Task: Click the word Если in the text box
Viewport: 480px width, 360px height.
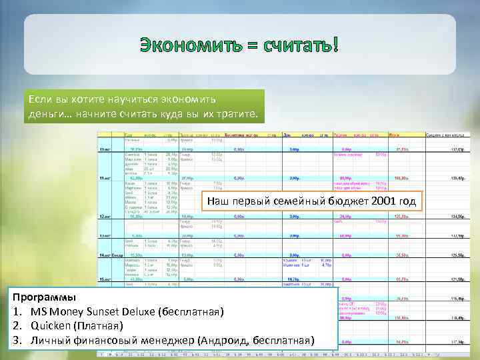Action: [x=40, y=99]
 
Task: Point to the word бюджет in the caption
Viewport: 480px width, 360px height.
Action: [x=339, y=201]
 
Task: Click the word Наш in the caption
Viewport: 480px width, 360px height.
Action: [x=217, y=201]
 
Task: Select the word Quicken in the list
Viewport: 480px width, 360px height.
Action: [x=53, y=325]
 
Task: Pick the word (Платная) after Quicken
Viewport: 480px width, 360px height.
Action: [x=99, y=325]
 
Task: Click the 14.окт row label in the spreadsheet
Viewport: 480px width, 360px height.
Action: [x=106, y=255]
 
